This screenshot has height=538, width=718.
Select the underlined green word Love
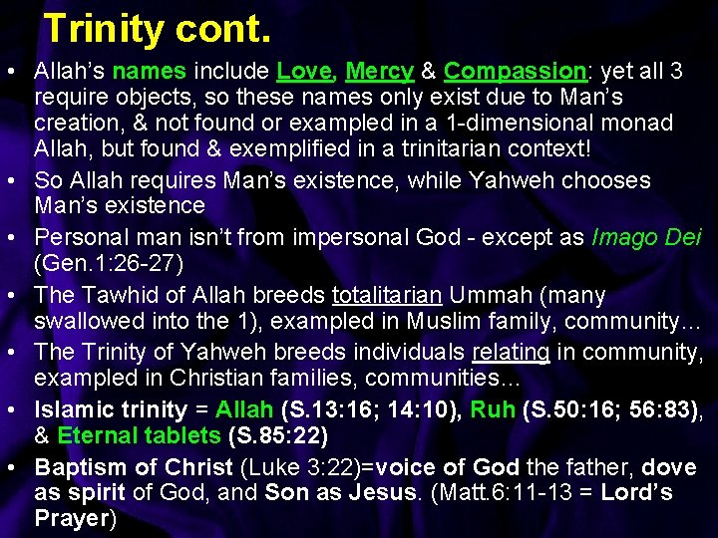304,72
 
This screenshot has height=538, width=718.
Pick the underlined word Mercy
379,72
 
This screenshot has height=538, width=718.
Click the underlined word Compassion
515,72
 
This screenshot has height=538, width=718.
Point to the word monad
636,124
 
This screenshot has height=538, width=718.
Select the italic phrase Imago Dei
646,238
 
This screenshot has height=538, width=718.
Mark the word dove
669,467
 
